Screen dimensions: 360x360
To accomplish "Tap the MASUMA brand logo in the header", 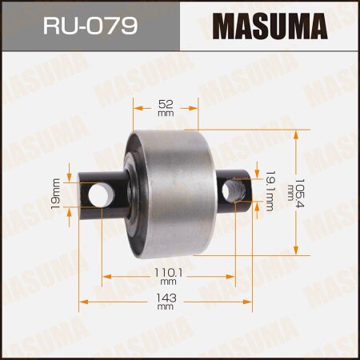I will coord(269,26).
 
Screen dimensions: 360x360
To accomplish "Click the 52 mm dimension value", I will coord(166,109).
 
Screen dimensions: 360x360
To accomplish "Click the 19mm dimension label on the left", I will coord(57,194).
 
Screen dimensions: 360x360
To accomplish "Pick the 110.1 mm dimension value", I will coord(167,276).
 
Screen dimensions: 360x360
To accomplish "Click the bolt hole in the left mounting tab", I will coord(102,194).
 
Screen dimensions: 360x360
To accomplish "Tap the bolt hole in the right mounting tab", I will coord(234,190).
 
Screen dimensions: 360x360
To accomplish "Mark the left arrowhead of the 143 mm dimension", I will coord(83,302).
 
